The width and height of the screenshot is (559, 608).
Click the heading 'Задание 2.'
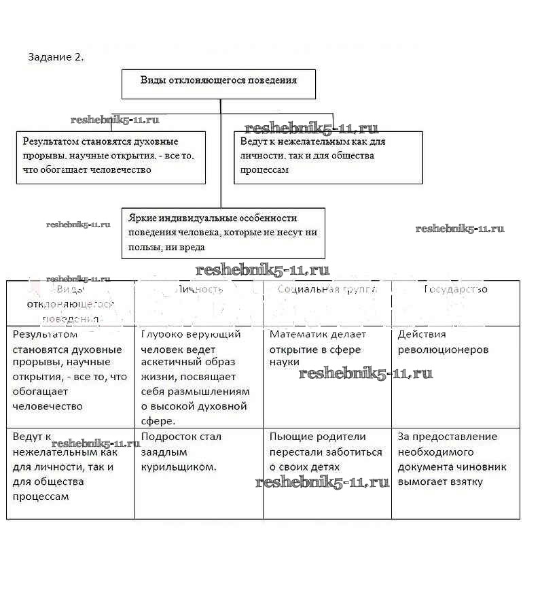[x=56, y=57]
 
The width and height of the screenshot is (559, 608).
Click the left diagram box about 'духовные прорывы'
[x=111, y=156]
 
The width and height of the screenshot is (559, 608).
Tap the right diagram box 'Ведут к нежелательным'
[x=328, y=157]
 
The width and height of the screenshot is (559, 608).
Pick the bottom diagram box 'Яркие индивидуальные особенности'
[x=223, y=233]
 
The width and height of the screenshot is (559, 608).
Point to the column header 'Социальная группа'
[x=327, y=289]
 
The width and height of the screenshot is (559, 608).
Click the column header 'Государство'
[x=456, y=289]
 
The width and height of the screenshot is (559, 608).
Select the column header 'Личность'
[x=199, y=289]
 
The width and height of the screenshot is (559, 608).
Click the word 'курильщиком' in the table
[x=179, y=467]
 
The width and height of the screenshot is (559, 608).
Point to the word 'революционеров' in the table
[x=443, y=350]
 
